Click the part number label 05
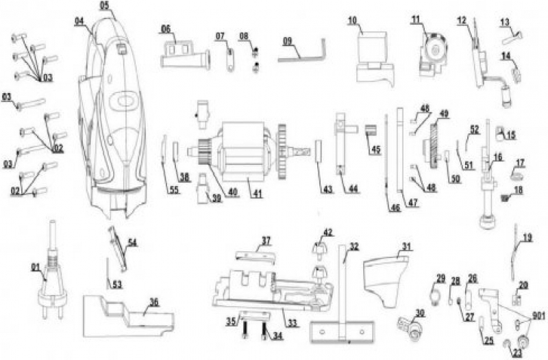[x=104, y=5]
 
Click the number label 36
[x=155, y=300]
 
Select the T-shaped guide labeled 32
[x=343, y=301]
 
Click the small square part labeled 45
[x=373, y=131]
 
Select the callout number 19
[x=527, y=237]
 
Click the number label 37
[x=266, y=240]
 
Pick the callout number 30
[x=419, y=312]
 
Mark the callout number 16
[x=498, y=157]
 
